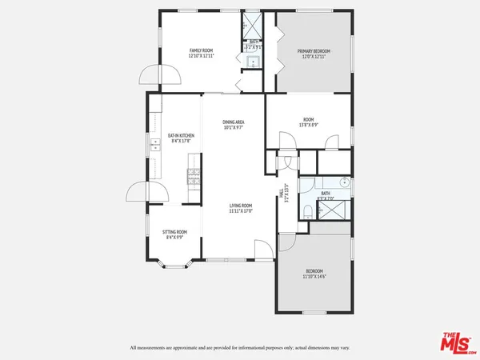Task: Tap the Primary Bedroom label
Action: coord(314,53)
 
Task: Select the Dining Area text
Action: coord(233,124)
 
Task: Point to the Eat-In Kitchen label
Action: coord(181,139)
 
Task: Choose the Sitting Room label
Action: coord(174,234)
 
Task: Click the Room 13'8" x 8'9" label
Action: coord(308,122)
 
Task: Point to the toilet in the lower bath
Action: coord(307,211)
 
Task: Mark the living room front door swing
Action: coord(262,250)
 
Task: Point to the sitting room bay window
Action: coord(174,265)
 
